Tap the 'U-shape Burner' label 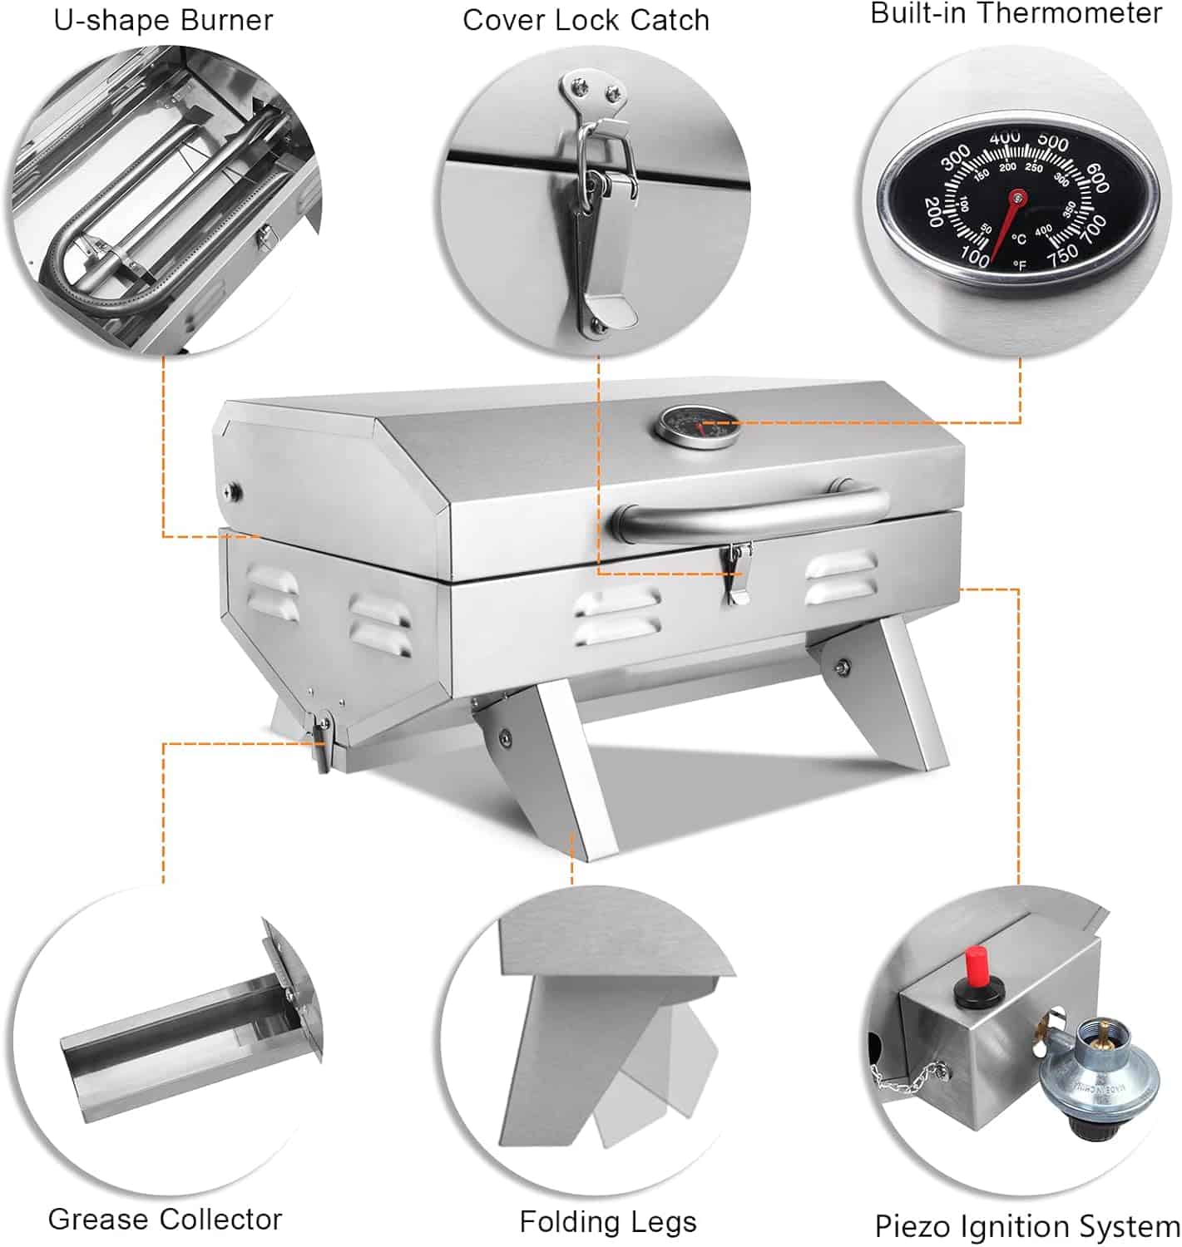[x=163, y=20]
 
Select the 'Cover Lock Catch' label [x=586, y=20]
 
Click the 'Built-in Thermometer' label [x=1016, y=13]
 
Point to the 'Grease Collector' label [x=165, y=1219]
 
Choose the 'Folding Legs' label [x=608, y=1221]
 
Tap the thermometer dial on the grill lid [x=695, y=426]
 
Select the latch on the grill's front [x=737, y=573]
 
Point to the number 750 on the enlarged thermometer [x=1062, y=255]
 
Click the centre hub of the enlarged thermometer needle [x=1017, y=198]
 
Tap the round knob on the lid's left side [x=234, y=490]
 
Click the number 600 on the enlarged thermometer [x=1098, y=178]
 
